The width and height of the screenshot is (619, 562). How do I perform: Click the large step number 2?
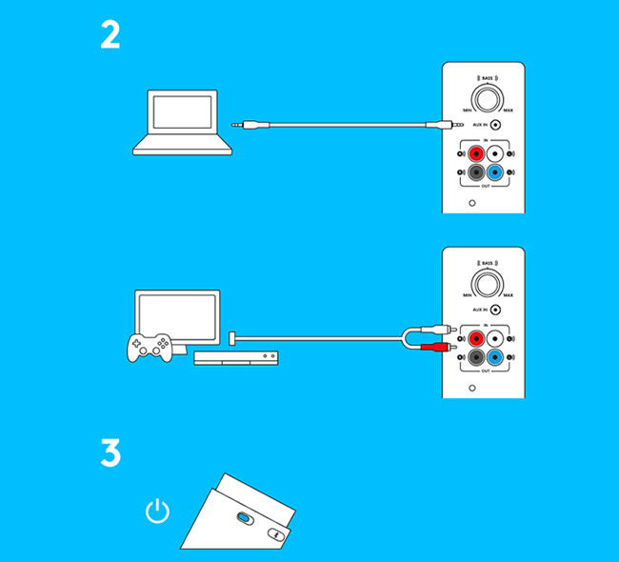[110, 35]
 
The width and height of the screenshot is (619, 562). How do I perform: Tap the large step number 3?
[110, 452]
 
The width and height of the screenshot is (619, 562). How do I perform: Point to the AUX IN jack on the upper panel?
[495, 125]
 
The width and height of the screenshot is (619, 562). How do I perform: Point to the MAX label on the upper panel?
[508, 111]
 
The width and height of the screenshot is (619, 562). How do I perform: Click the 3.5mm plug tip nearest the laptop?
[236, 123]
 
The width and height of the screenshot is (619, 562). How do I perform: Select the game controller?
[150, 347]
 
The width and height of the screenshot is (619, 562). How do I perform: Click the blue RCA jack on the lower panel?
[495, 357]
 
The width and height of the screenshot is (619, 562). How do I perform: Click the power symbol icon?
[157, 512]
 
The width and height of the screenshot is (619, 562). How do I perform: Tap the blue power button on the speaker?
[244, 517]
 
